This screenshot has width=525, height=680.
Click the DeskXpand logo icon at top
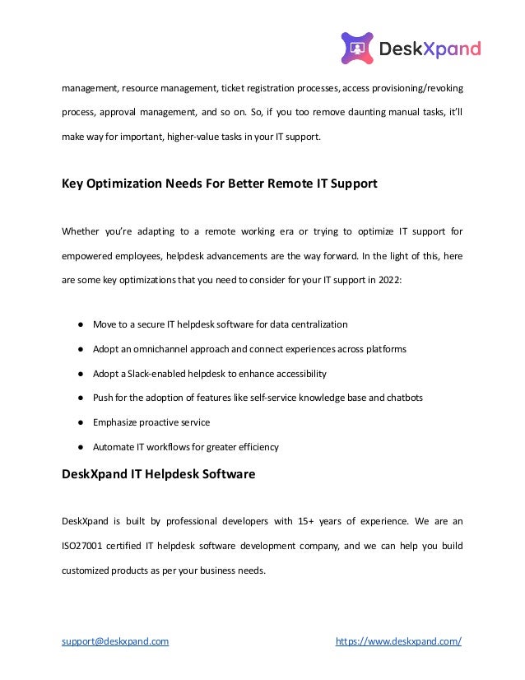(x=357, y=49)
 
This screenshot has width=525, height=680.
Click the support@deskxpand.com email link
(x=115, y=640)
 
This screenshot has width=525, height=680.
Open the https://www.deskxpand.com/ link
(x=399, y=640)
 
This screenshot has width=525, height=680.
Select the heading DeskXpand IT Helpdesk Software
(x=159, y=474)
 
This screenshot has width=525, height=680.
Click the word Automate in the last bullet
(x=114, y=447)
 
